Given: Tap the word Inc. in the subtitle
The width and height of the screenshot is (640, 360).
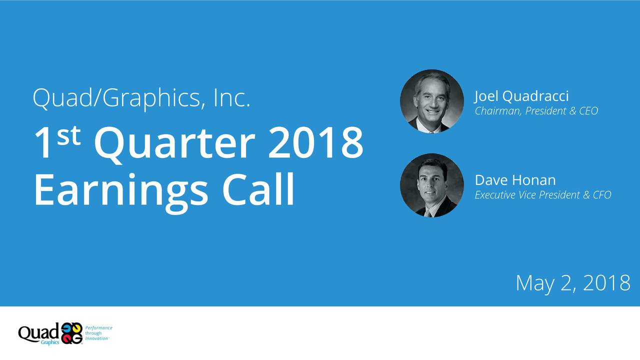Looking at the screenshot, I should (x=231, y=98).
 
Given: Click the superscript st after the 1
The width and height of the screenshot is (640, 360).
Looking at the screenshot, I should (x=69, y=134).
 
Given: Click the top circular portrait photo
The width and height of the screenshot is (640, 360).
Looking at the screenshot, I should (x=431, y=101).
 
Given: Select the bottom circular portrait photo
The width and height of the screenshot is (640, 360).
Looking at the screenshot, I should (x=431, y=185).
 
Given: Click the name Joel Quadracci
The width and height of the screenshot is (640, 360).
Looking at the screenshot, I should (x=521, y=95).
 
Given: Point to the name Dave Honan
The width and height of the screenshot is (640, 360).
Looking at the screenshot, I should (x=515, y=179).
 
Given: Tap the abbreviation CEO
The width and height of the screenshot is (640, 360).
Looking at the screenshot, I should (x=588, y=111).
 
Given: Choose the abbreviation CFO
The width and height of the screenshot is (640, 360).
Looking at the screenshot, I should (x=601, y=195).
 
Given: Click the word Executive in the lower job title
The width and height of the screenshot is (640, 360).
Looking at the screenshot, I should (x=495, y=195).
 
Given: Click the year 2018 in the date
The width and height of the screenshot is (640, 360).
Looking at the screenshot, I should (x=606, y=283).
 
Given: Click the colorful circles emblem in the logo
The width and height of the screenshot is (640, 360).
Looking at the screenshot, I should (x=71, y=333).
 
